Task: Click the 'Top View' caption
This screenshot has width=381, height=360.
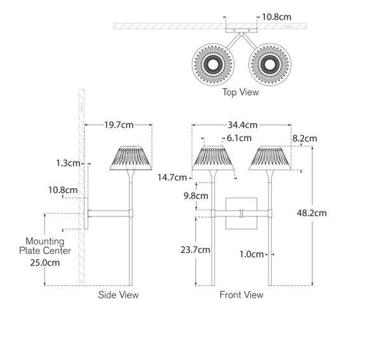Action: tap(241, 93)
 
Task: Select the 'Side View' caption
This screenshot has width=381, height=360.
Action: tap(118, 295)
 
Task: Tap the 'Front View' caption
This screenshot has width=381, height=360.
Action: tap(241, 295)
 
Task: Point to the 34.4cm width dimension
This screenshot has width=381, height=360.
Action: tap(242, 124)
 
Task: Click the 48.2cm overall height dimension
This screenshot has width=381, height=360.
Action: tap(312, 213)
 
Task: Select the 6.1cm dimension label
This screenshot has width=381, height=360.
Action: tap(239, 138)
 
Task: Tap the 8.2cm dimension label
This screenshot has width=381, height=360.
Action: tap(304, 138)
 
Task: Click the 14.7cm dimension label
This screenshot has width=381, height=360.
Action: tap(172, 178)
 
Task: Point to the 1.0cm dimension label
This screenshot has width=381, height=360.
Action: tap(252, 254)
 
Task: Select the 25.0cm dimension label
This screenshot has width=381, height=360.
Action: tap(45, 262)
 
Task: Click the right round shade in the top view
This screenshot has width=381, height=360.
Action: tap(270, 64)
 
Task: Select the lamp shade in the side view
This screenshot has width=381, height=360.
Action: tap(133, 158)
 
